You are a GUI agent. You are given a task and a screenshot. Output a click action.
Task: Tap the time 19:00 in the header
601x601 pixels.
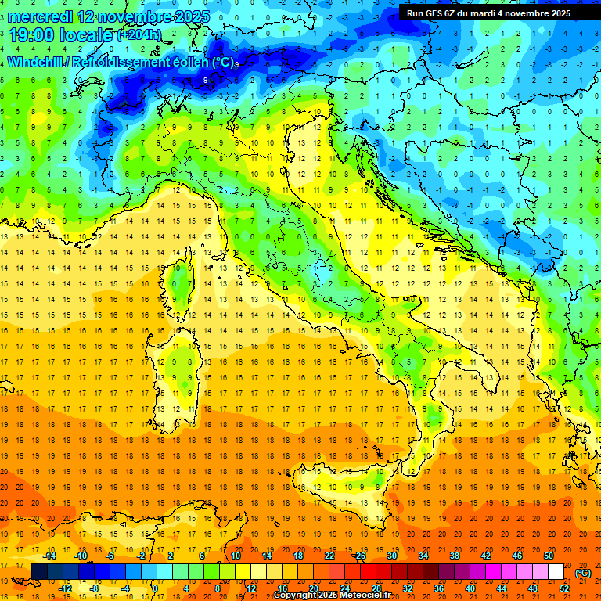pyautogui.click(x=34, y=35)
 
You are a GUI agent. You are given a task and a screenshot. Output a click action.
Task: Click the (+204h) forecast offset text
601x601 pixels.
pyautogui.click(x=139, y=35)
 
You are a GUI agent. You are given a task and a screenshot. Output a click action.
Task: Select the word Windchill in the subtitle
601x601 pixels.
pyautogui.click(x=36, y=63)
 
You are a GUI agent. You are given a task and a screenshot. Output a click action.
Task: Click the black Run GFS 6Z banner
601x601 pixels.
pyautogui.click(x=488, y=13)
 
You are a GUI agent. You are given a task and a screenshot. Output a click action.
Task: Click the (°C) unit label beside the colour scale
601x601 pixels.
pyautogui.click(x=582, y=573)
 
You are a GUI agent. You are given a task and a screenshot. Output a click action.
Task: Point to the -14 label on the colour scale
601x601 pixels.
pyautogui.click(x=50, y=556)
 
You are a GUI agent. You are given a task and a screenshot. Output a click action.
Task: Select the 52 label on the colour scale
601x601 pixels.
pyautogui.click(x=564, y=588)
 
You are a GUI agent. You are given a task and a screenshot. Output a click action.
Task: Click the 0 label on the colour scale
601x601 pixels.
pyautogui.click(x=154, y=588)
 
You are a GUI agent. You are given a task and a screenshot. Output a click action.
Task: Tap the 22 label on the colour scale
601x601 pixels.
pyautogui.click(x=329, y=556)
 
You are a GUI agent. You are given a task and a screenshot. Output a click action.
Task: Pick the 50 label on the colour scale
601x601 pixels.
pyautogui.click(x=549, y=556)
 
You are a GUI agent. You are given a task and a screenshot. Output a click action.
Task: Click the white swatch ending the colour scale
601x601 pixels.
pyautogui.click(x=556, y=572)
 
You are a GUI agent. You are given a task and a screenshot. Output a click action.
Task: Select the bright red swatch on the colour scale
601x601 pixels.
pyautogui.click(x=368, y=572)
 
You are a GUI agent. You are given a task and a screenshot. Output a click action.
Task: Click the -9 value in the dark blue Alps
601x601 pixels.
pyautogui.click(x=204, y=80)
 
